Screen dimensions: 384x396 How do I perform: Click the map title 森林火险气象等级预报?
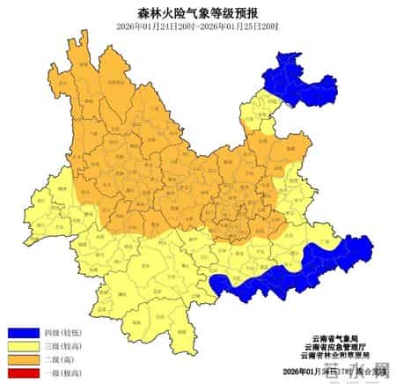[x=198, y=11]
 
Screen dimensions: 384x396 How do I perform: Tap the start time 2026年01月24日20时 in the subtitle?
[x=155, y=26]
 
